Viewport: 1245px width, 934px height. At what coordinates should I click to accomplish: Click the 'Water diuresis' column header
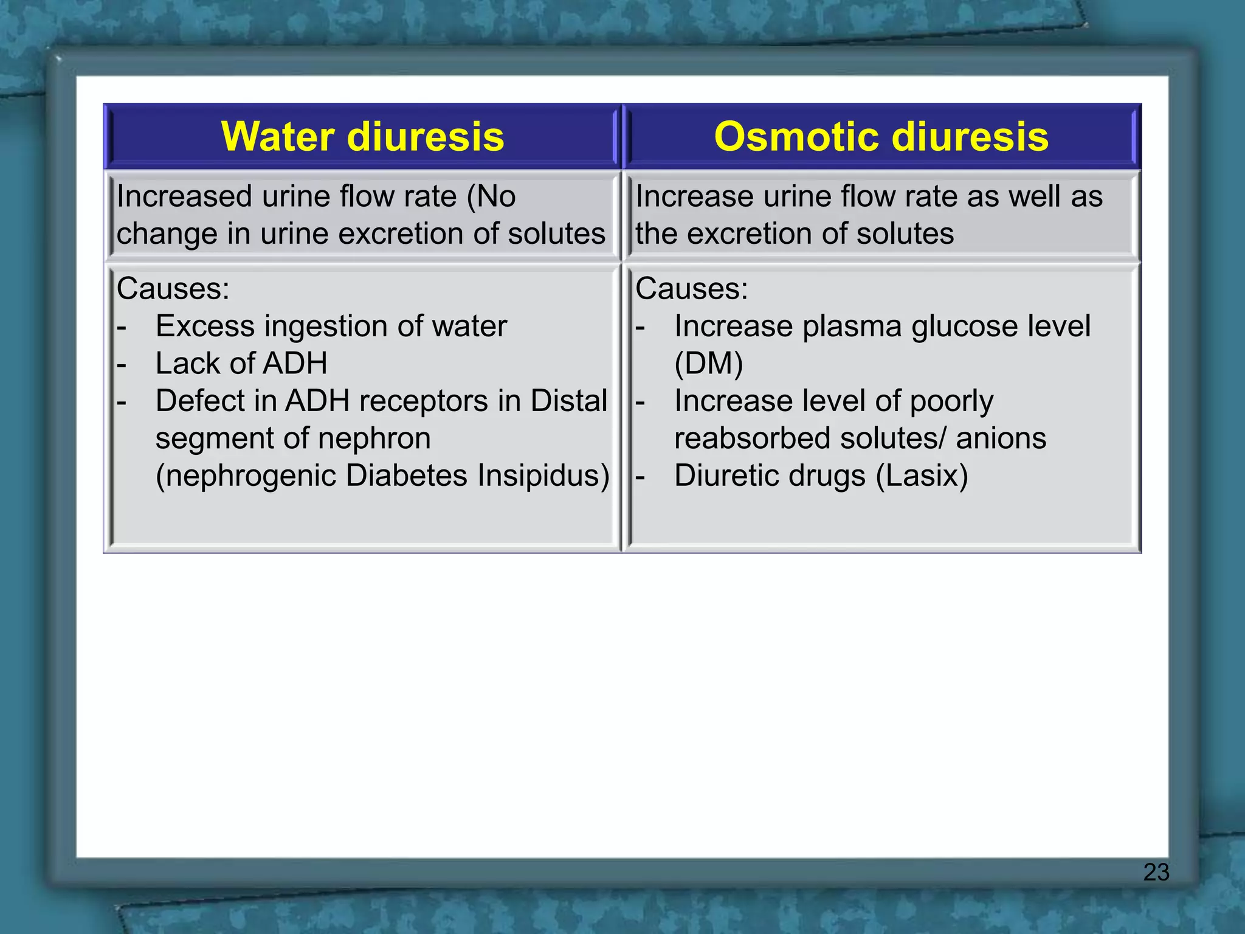(362, 136)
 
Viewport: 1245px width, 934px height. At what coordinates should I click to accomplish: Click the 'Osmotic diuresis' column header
(881, 136)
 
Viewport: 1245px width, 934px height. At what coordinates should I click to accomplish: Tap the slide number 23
(1156, 872)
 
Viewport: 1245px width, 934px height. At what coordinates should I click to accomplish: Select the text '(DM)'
(709, 364)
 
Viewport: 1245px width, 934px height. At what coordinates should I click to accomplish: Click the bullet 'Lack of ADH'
(241, 364)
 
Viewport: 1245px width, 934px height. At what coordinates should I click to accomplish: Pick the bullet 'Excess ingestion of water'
(331, 327)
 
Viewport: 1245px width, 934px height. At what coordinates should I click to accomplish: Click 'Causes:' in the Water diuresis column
(173, 288)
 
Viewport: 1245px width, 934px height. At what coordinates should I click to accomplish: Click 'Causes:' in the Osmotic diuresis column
(692, 288)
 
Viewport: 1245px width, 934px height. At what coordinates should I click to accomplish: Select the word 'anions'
(1001, 438)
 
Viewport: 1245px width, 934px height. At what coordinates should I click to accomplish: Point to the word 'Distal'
(568, 401)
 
